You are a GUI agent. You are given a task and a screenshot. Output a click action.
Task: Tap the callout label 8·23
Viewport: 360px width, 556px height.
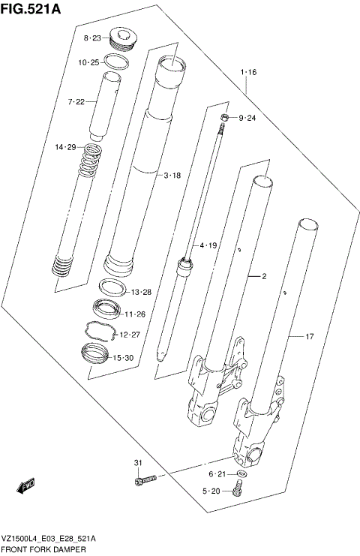[x=92, y=38]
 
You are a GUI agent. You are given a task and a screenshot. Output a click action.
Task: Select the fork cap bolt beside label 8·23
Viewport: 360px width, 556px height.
[x=121, y=37]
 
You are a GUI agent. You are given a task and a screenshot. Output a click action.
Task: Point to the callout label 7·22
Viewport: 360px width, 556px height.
[x=77, y=101]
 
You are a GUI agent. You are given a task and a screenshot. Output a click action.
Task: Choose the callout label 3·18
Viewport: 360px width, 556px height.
[x=173, y=175]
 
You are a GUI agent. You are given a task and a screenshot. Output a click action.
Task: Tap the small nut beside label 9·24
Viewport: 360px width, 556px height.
[x=224, y=118]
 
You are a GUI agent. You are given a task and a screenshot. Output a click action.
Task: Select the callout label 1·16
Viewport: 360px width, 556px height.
[x=248, y=72]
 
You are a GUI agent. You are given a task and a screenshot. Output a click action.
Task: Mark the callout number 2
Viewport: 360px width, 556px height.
[x=264, y=276]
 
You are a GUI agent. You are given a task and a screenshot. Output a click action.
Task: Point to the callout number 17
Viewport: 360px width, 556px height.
[x=308, y=337]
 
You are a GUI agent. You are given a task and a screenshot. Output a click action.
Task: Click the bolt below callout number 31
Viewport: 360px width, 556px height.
[x=145, y=479]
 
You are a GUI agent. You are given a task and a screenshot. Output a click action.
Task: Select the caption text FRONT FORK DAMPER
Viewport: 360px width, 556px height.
[x=43, y=550]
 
